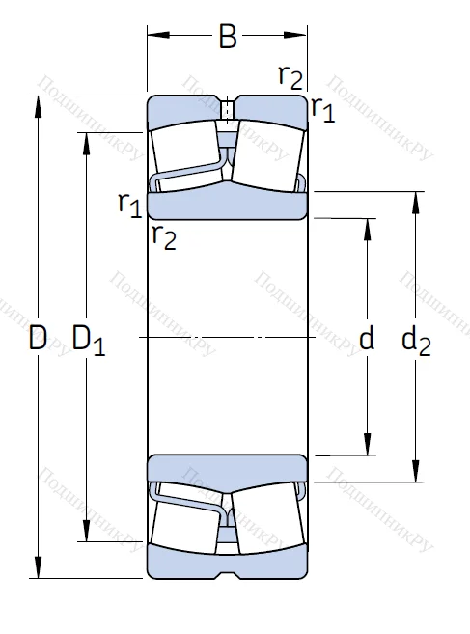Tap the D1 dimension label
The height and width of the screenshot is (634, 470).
[88, 339]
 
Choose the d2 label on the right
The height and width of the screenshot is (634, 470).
[416, 339]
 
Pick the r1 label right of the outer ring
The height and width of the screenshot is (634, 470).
[322, 110]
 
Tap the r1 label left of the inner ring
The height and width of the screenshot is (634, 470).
[129, 203]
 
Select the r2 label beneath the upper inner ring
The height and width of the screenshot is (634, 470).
[163, 235]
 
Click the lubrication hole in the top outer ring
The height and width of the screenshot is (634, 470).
[228, 108]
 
